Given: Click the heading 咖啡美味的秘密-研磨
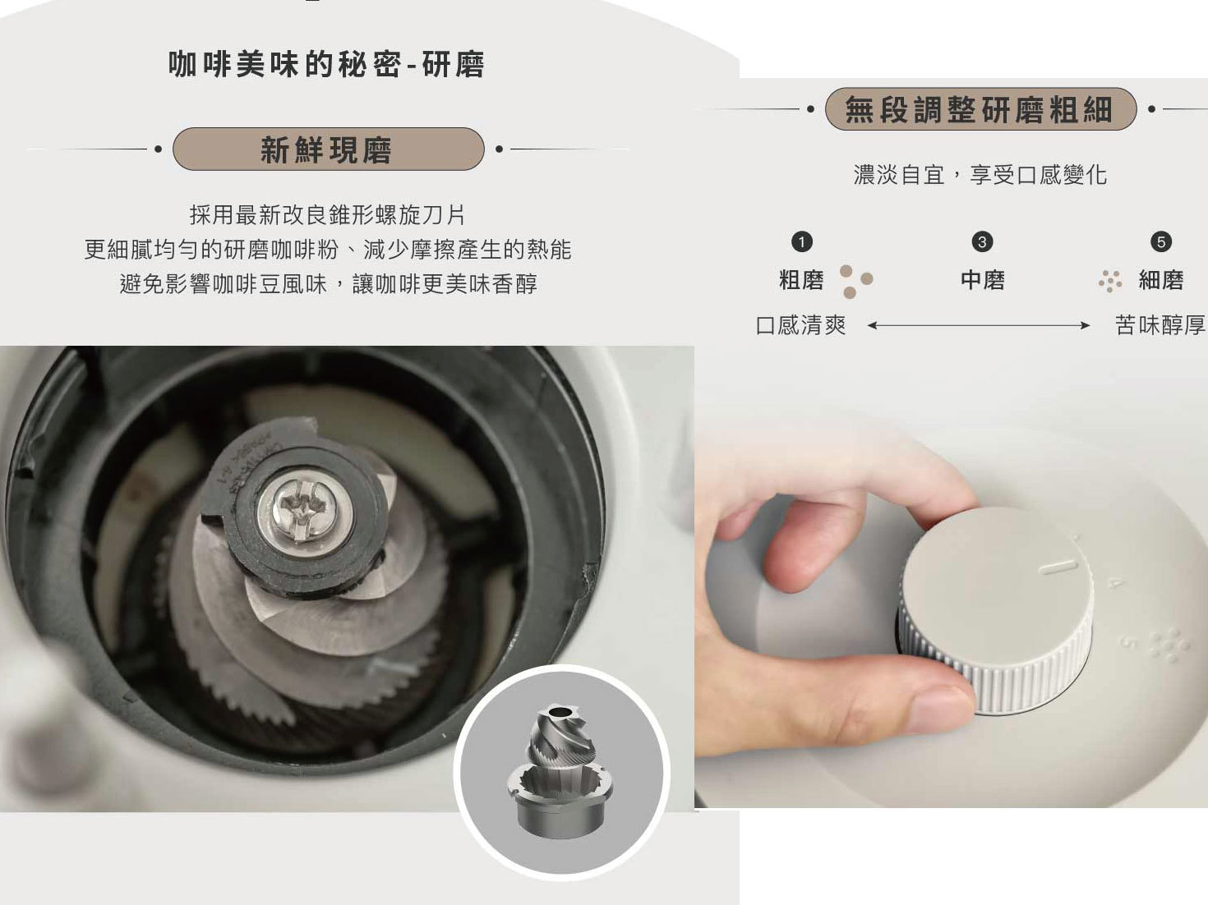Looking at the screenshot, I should pyautogui.click(x=326, y=64).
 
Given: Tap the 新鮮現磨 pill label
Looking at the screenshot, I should pyautogui.click(x=327, y=149).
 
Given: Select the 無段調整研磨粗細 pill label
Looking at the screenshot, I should pyautogui.click(x=980, y=109).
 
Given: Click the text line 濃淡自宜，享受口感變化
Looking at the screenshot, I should pyautogui.click(x=980, y=175).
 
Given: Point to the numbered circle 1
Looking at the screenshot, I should pyautogui.click(x=801, y=241).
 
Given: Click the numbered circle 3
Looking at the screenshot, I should pyautogui.click(x=982, y=241).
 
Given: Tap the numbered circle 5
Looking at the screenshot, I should pyautogui.click(x=1160, y=241).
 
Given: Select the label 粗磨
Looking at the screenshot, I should pyautogui.click(x=801, y=280).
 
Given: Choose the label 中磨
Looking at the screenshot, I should pyautogui.click(x=983, y=280).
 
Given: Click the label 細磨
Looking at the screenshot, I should pyautogui.click(x=1160, y=280).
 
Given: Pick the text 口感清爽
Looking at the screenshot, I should pyautogui.click(x=800, y=325).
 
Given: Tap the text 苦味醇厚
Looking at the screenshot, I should pyautogui.click(x=1160, y=325).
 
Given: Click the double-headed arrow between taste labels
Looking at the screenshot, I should pyautogui.click(x=979, y=326).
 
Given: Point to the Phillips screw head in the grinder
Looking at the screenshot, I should pyautogui.click(x=301, y=510).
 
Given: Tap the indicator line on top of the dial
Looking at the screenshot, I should pyautogui.click(x=1057, y=566).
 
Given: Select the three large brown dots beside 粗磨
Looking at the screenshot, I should pyautogui.click(x=855, y=280).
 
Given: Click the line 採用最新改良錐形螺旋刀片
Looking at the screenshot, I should pyautogui.click(x=327, y=215).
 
